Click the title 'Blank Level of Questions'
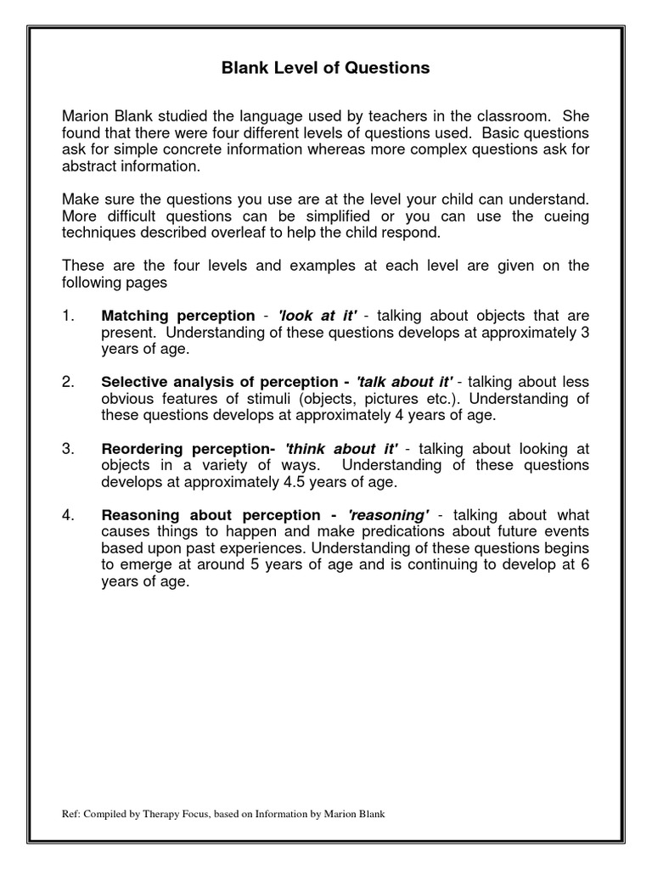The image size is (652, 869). coord(326,68)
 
